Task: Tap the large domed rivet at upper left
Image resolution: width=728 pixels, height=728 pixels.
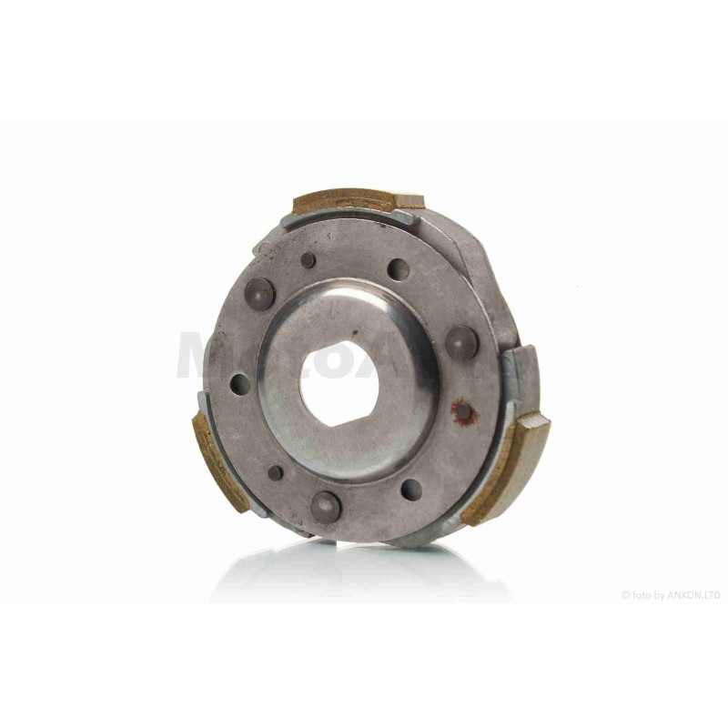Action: tap(259, 292)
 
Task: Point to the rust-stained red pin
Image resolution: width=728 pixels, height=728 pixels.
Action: tap(464, 412)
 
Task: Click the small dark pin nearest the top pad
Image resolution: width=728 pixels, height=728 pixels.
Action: tap(308, 260)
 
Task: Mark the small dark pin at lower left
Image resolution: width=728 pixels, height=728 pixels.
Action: tap(276, 473)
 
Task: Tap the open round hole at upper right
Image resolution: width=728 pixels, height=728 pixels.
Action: tap(398, 270)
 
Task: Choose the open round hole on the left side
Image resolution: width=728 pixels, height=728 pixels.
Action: tap(238, 383)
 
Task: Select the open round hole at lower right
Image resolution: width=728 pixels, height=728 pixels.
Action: tap(412, 490)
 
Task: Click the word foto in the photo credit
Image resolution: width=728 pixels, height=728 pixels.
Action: tap(640, 595)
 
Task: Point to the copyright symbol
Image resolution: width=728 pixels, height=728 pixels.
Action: tap(625, 595)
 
